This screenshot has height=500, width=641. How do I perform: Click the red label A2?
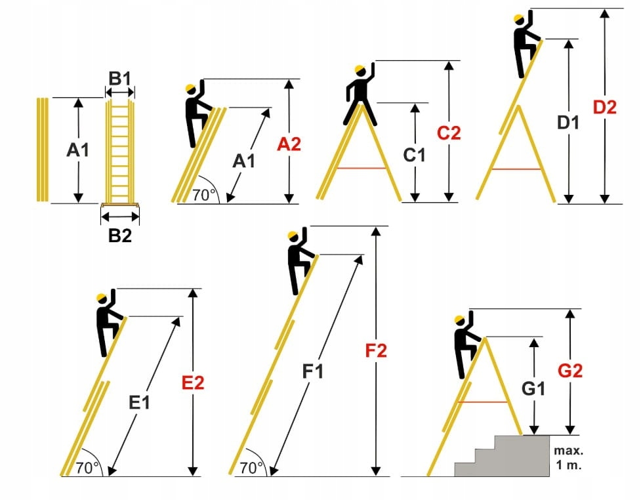[x=289, y=144]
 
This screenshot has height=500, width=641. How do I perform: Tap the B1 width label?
[x=120, y=79]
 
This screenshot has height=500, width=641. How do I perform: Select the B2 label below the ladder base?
[x=120, y=236]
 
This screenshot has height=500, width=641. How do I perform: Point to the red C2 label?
[x=449, y=133]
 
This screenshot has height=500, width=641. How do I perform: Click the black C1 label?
[x=415, y=155]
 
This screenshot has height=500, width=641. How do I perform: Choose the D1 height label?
[x=569, y=122]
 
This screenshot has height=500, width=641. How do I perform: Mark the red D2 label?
[x=604, y=107]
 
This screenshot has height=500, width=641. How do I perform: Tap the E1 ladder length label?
[x=139, y=402]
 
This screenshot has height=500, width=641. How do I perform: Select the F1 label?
[x=313, y=371]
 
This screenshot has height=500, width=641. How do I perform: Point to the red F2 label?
[x=376, y=350]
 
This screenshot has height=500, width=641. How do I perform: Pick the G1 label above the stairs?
[x=535, y=388]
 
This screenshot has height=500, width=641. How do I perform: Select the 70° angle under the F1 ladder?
[x=252, y=467]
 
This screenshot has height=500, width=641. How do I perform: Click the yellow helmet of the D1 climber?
[x=520, y=18]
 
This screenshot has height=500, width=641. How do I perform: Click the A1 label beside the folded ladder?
[x=78, y=150]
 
